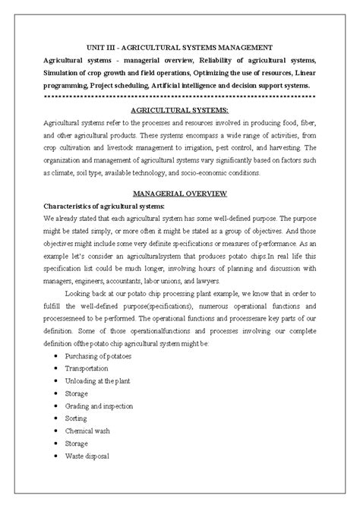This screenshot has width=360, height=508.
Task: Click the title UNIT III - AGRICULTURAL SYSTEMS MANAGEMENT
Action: coord(180,47)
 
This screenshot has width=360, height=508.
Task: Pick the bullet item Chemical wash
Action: coord(89,431)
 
